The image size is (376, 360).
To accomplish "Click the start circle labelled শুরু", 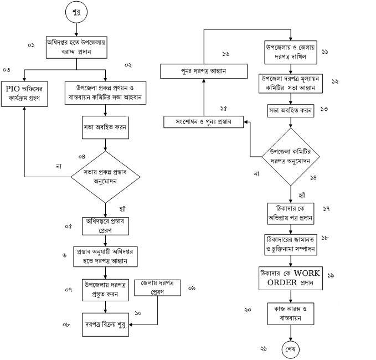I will [x=76, y=13].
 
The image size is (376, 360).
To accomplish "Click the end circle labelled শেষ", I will [x=291, y=349].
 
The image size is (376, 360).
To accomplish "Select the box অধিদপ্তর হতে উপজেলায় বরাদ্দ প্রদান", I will [x=76, y=47].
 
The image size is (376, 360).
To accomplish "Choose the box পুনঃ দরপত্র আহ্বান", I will [x=203, y=71].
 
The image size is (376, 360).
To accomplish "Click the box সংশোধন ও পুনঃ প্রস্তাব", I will [x=203, y=121].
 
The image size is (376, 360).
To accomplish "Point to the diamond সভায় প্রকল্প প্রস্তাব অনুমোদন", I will [x=105, y=176].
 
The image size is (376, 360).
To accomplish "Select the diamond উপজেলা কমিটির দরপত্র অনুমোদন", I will [x=290, y=157].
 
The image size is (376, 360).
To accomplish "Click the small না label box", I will [x=256, y=174].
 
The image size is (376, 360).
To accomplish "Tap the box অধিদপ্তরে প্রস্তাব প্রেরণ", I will [x=105, y=225].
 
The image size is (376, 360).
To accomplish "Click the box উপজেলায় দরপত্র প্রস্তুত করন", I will [x=105, y=290].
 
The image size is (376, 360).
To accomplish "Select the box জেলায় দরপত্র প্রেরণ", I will [x=157, y=287].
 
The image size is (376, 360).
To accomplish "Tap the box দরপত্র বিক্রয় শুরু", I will [x=105, y=325].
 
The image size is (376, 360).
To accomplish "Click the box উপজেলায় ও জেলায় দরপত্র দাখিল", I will [x=290, y=52].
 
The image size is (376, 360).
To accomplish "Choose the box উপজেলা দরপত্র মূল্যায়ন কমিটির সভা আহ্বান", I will [x=290, y=83].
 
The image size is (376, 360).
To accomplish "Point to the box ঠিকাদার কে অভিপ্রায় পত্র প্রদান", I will [x=290, y=214].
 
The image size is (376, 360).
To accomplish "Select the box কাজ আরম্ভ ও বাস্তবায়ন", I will [x=290, y=312].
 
